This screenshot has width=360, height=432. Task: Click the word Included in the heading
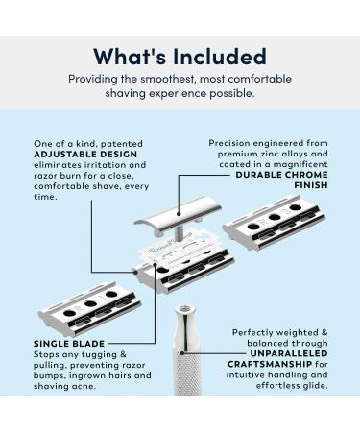tap(220, 57)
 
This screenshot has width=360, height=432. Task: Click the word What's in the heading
tap(130, 57)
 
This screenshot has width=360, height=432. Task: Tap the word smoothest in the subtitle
tap(167, 79)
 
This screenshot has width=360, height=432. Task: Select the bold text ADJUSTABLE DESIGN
tap(85, 155)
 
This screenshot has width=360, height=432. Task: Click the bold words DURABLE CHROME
tap(282, 175)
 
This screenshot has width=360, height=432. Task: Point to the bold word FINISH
tap(311, 185)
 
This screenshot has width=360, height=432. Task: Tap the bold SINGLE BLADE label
tap(69, 344)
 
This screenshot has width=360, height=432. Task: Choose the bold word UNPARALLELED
tap(289, 353)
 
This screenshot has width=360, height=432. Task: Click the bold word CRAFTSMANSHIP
tap(270, 364)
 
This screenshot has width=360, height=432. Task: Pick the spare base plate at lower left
tap(90, 308)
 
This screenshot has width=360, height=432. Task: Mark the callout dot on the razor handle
tap(182, 353)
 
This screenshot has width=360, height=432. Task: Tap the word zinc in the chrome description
tap(261, 154)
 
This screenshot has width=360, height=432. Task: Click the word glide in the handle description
tap(315, 385)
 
